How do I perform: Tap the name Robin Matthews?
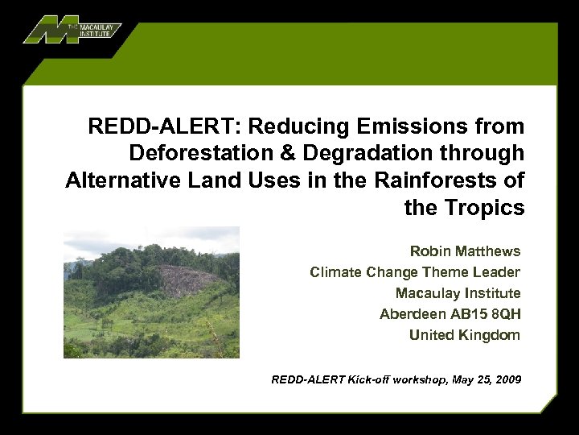(465, 251)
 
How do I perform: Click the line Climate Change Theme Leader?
(415, 272)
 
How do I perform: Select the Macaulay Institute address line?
(458, 293)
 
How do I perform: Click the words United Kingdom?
(465, 335)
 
